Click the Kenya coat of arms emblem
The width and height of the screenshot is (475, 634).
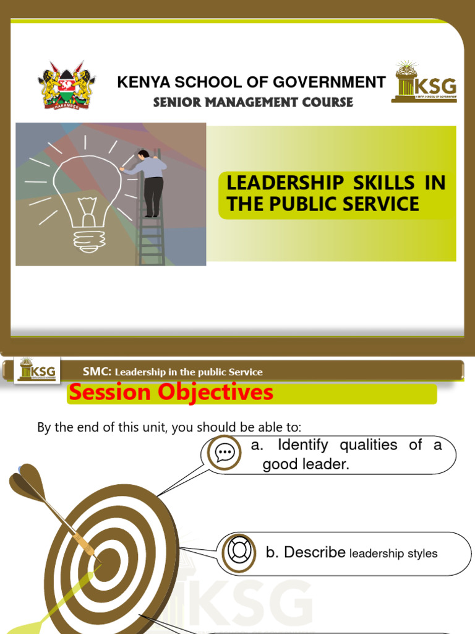pos(66,85)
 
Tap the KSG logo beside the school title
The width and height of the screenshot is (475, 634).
pos(424,83)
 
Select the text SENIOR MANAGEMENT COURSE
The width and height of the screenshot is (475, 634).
pos(253,102)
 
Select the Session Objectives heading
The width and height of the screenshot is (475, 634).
pos(171,392)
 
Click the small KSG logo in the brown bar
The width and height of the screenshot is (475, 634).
pos(38,370)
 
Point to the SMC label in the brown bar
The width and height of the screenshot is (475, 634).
pos(97,371)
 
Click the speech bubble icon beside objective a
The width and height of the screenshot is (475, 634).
pos(225,453)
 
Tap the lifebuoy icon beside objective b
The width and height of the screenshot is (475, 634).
pos(238,551)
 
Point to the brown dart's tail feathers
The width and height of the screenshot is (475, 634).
pos(28,480)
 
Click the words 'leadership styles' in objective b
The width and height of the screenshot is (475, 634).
pos(393,554)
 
